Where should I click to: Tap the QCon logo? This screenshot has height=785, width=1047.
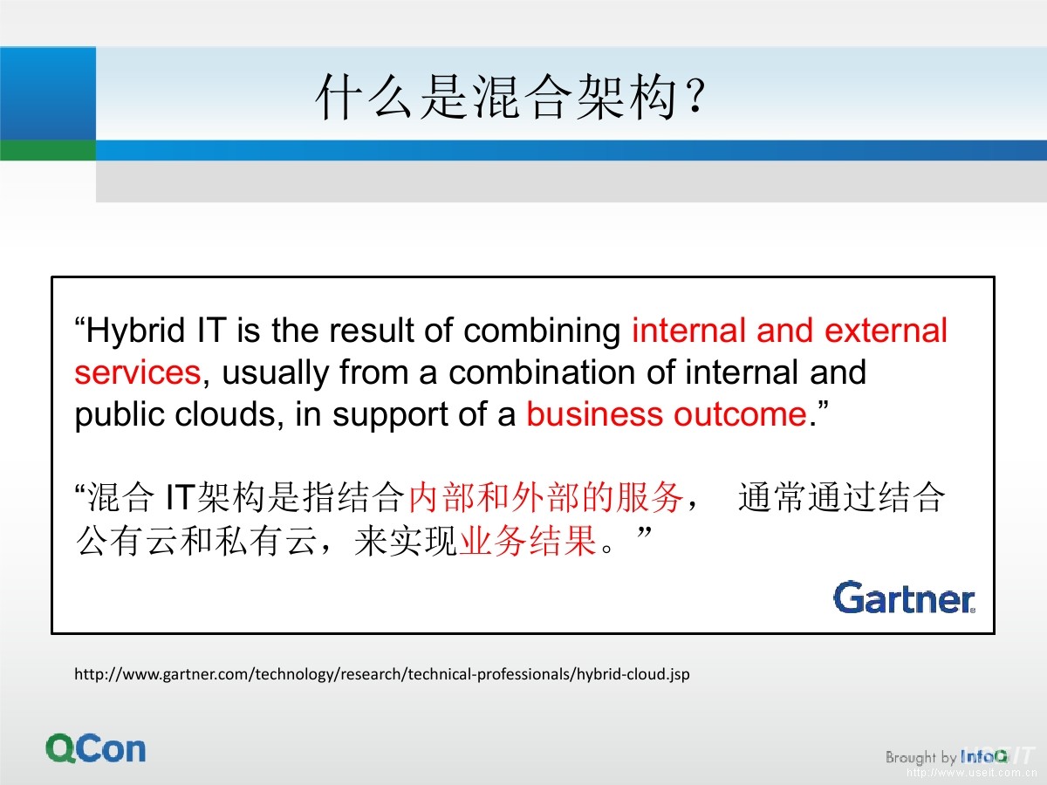[x=95, y=748]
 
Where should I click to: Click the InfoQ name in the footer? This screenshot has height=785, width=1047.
[x=983, y=756]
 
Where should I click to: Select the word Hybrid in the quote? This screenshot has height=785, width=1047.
[x=135, y=331]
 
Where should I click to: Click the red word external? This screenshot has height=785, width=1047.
[x=886, y=330]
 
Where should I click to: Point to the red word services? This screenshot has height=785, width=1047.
[x=137, y=372]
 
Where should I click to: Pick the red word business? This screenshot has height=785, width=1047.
[x=594, y=413]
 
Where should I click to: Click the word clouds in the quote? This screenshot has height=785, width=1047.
[x=225, y=413]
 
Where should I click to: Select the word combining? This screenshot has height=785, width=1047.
[x=543, y=331]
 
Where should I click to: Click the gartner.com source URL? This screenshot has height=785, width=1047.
[x=381, y=674]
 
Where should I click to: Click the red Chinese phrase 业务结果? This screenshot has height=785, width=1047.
[x=528, y=541]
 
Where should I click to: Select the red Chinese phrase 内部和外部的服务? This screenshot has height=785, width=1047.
[x=547, y=497]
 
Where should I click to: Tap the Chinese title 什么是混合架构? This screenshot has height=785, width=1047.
[x=496, y=96]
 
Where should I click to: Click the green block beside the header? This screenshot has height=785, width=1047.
[x=48, y=150]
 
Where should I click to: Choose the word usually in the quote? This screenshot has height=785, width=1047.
[x=276, y=372]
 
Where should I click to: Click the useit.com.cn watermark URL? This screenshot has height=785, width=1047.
[x=972, y=773]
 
